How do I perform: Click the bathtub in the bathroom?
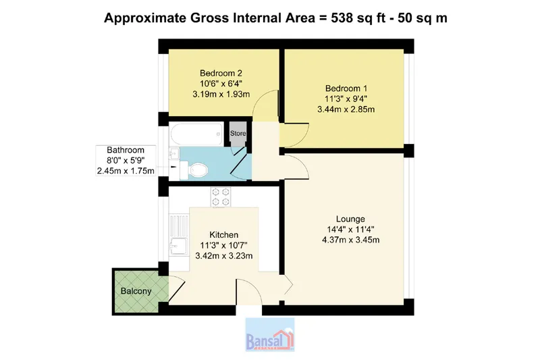tap(196, 134)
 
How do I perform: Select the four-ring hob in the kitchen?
tap(221, 197)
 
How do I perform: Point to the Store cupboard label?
tap(238, 133)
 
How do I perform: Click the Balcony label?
tap(136, 291)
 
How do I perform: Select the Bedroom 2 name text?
tap(221, 73)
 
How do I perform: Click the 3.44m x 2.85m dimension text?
tap(346, 109)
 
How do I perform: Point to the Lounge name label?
tap(350, 219)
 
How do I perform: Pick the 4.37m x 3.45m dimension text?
tap(350, 240)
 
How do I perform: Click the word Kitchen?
tap(224, 234)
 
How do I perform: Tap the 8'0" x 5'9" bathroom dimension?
tap(126, 160)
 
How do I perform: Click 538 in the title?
tap(342, 18)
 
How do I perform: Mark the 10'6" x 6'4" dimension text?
tap(221, 83)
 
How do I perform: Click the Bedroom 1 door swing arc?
tap(303, 136)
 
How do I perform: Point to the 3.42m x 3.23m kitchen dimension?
tap(224, 255)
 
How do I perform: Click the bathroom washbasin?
tap(174, 153)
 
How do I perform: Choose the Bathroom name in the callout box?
tap(126, 150)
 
